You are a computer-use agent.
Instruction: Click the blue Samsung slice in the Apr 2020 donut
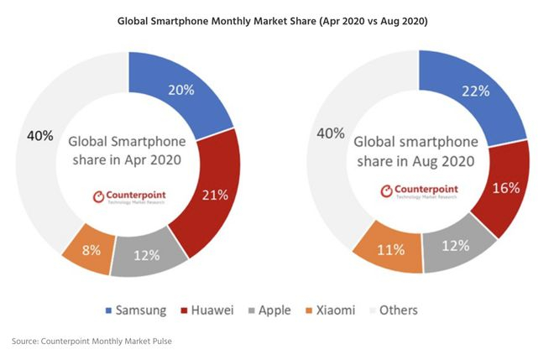(197, 92)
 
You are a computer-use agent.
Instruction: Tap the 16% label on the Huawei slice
(505, 187)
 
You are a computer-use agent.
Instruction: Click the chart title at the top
(275, 20)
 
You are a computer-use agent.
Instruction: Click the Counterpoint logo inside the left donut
(129, 199)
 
